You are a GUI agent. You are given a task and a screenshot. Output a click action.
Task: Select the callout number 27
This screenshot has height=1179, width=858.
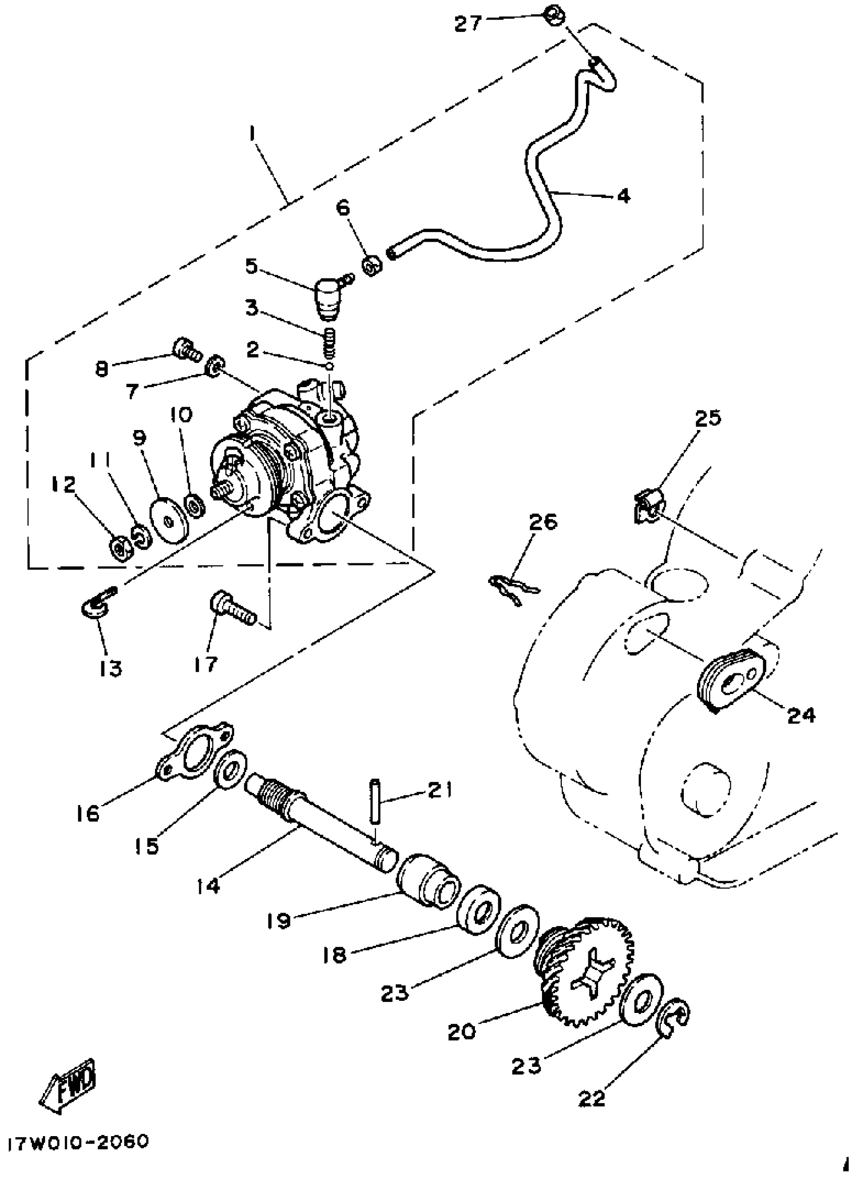468,23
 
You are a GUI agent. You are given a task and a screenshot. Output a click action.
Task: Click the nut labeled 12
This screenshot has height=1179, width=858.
119,548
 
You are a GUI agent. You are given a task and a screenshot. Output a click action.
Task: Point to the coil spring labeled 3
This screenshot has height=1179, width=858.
330,343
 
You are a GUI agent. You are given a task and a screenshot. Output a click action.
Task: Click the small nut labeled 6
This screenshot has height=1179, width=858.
372,266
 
